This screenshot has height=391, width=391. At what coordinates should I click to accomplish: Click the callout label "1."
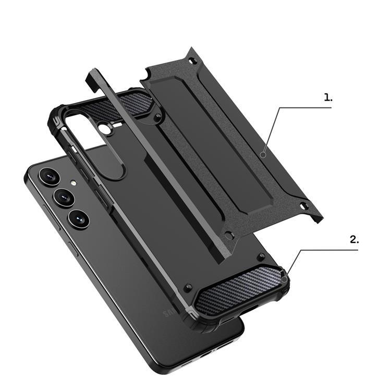[327, 97]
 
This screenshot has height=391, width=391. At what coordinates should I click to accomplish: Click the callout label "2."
[354, 240]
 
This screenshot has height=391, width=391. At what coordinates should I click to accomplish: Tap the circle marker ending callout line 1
[264, 154]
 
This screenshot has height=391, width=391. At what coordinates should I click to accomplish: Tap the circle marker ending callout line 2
[284, 279]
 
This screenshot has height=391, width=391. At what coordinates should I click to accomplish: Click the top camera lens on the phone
[47, 177]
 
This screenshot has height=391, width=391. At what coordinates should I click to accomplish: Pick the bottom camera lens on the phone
[78, 218]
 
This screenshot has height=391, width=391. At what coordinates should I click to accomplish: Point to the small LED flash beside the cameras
[74, 184]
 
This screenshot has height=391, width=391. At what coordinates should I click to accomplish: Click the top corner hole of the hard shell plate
[194, 62]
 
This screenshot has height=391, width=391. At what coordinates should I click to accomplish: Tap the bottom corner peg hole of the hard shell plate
[227, 236]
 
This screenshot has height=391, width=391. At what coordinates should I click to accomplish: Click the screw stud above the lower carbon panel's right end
[261, 255]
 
